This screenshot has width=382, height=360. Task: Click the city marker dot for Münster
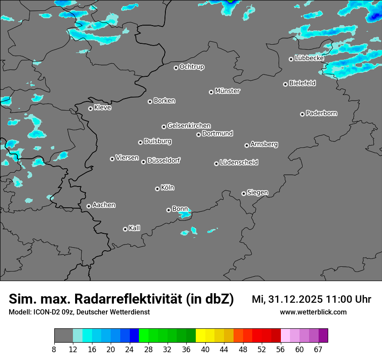[211, 92]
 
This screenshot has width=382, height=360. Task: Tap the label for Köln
[168, 188]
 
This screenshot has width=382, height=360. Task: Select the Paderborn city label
[322, 113]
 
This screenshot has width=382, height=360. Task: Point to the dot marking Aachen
[89, 206]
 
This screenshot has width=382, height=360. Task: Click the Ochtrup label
[192, 67]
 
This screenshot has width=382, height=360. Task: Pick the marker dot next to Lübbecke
[291, 59]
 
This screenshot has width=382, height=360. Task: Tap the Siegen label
[257, 193]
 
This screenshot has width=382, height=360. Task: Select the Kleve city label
[103, 108]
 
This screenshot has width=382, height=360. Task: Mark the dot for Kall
[125, 229]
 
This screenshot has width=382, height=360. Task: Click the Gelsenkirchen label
[189, 126]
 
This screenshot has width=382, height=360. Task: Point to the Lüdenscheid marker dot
[216, 164]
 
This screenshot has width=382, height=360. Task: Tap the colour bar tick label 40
[205, 349]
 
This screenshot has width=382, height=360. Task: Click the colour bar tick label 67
[318, 349]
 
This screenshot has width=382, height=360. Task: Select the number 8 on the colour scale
[54, 349]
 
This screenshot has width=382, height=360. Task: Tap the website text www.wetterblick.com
[313, 312]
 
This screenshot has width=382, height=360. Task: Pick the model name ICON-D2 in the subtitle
[45, 312]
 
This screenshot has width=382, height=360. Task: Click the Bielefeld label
[302, 83]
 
